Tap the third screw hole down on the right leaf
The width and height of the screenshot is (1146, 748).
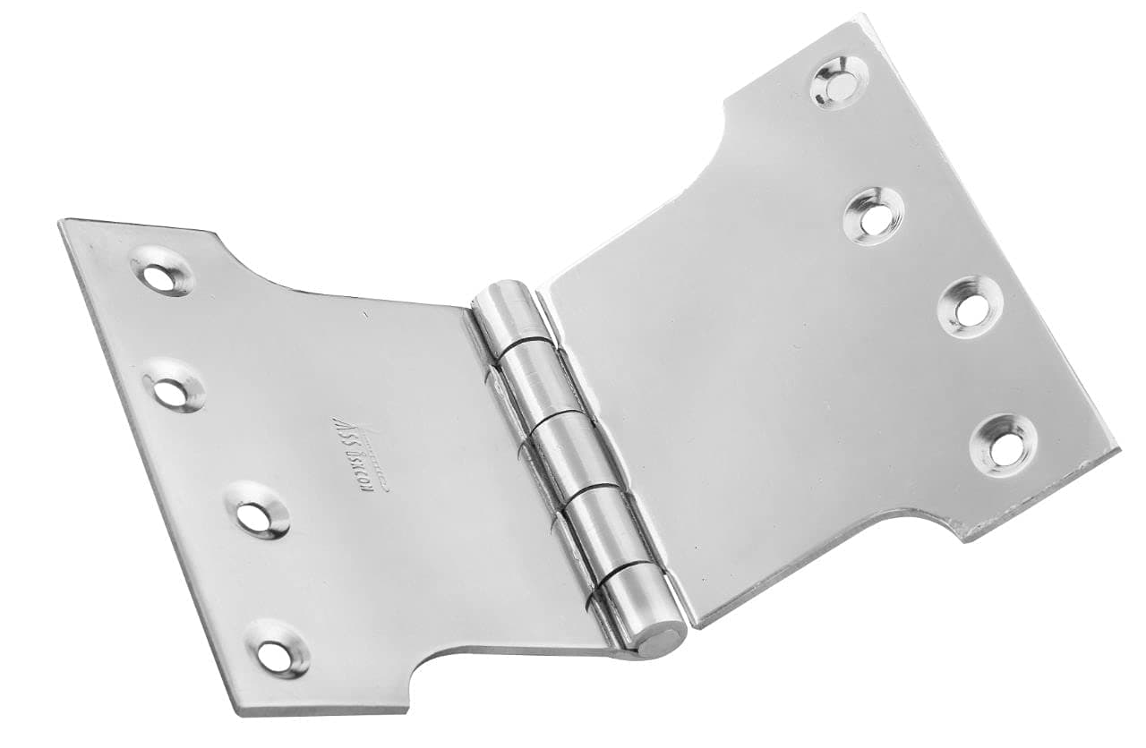969,306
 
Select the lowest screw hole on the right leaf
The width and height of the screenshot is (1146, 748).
1004,441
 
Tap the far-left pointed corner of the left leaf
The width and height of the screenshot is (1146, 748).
62,223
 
